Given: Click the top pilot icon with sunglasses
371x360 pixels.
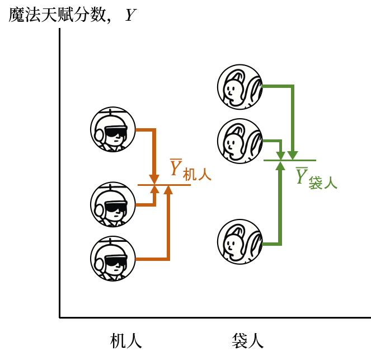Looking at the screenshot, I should tap(113, 129).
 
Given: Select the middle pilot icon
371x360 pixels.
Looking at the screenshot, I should tap(113, 204).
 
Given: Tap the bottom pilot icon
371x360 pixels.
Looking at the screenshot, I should tap(113, 259).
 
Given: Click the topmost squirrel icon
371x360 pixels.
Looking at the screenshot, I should tap(240, 87).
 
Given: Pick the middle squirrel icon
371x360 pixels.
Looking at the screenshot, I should tap(240, 141).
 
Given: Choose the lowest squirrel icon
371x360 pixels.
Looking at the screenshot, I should tap(240, 242).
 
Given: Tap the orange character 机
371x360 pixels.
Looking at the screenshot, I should tap(190, 175).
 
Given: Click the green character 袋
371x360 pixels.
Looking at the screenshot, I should tap(316, 183).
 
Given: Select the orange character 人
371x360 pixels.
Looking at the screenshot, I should tap(205, 175).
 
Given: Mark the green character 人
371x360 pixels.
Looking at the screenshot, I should tap(331, 183).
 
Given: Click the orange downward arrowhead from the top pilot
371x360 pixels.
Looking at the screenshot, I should tap(154, 180).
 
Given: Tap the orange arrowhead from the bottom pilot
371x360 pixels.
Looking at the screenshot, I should tap(168, 190).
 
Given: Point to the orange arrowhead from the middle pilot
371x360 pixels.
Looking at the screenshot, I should tap(155, 189).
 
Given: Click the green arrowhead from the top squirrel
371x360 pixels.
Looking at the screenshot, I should tap(293, 156).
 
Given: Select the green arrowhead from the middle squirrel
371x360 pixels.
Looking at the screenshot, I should tap(280, 156).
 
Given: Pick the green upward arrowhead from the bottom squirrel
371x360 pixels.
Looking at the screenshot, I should tap(280, 166).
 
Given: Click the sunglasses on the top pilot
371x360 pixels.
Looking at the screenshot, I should tap(116, 133).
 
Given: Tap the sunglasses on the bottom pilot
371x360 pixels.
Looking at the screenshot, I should tap(116, 262).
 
